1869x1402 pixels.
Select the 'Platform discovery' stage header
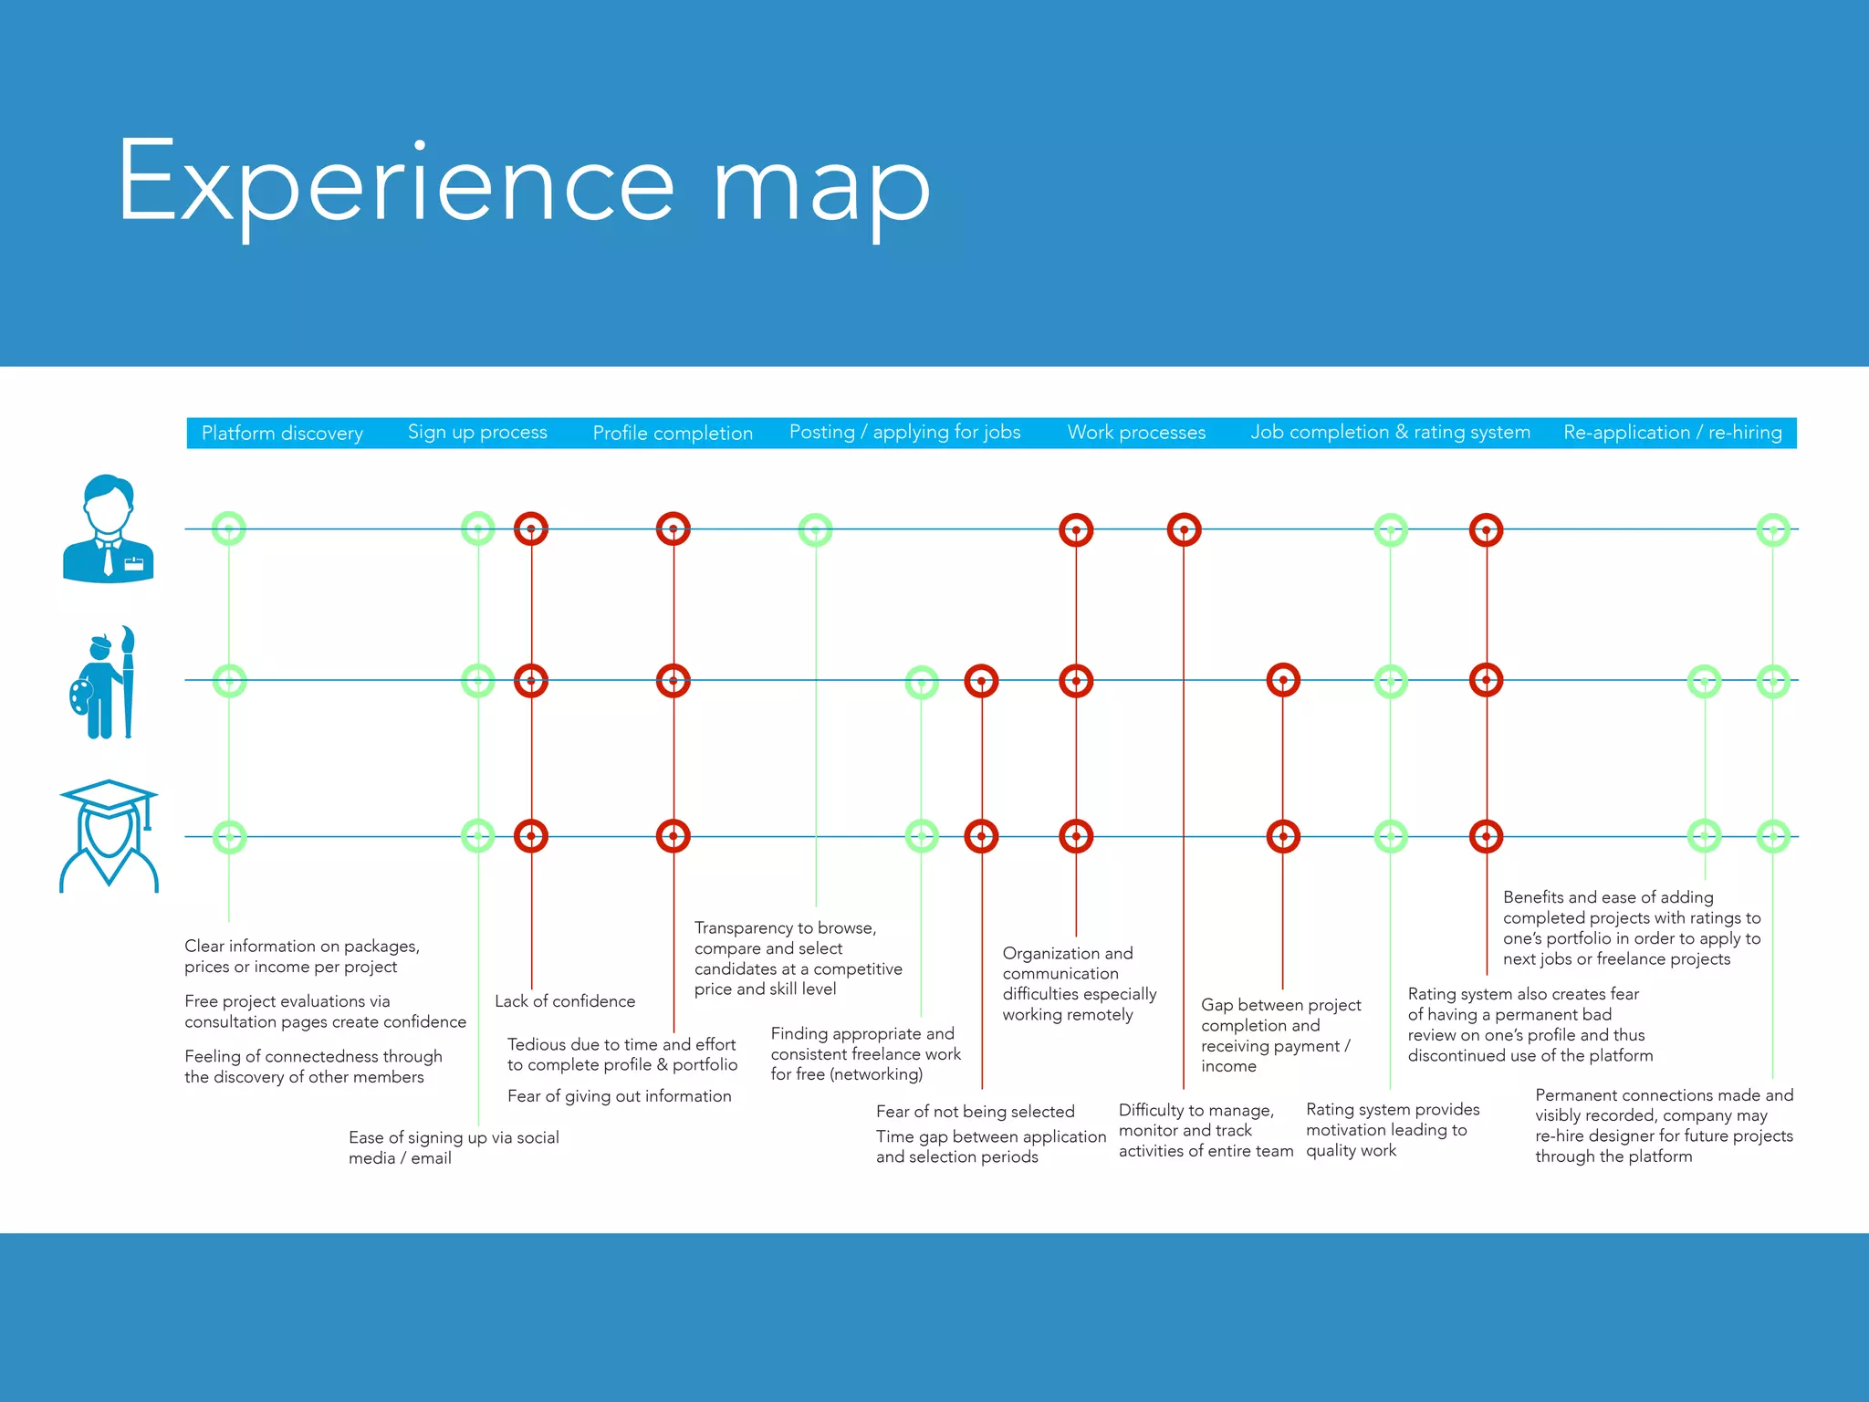pos(282,433)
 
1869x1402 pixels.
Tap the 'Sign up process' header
pos(477,432)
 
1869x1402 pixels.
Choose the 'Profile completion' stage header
pos(673,433)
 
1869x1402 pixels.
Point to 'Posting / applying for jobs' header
pos(904,432)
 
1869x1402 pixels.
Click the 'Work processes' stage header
pos(1136,433)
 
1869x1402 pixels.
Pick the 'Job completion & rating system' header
pos(1390,432)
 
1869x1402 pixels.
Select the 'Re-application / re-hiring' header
pos(1672,432)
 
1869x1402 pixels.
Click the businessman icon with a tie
pos(108,528)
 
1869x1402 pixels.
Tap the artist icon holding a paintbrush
pos(105,682)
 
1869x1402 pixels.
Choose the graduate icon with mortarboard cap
pos(109,835)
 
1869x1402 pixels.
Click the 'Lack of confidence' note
pos(564,1001)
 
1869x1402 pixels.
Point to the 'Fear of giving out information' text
pos(619,1096)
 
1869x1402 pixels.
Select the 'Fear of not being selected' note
pos(975,1112)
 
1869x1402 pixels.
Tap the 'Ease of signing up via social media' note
pos(454,1147)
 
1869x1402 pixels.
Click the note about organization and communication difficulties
pos(1079,983)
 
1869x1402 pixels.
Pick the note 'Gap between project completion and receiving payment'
pos(1280,1035)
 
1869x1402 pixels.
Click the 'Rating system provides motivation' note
pos(1392,1130)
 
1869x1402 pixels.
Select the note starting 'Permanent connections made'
pos(1663,1125)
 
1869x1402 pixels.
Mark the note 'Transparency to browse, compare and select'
pos(798,958)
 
